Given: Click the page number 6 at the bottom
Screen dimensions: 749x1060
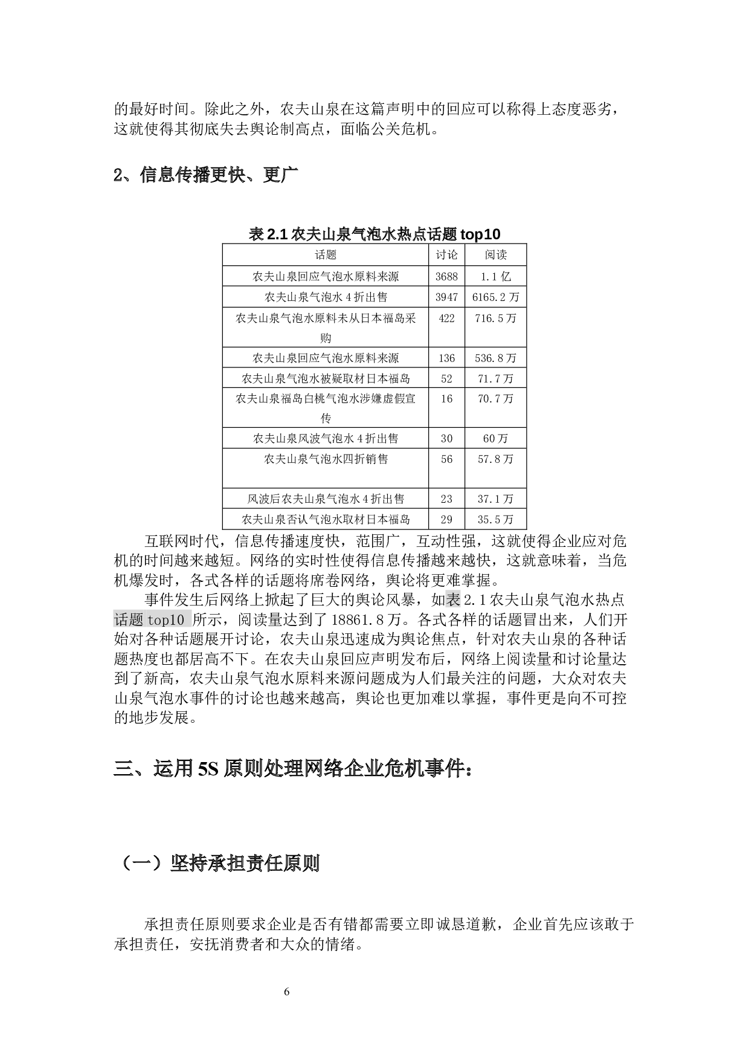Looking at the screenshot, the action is coord(287,991).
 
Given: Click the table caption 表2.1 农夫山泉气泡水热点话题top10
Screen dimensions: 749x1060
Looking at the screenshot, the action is coord(374,234).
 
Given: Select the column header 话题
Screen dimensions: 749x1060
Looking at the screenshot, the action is coord(326,255).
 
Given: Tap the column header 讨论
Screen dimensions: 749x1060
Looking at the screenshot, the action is coord(446,255).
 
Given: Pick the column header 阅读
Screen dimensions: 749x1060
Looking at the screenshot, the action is coord(495,255).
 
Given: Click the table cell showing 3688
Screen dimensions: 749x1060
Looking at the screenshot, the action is coord(446,277).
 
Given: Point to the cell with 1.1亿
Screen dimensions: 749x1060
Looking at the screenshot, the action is coord(495,277).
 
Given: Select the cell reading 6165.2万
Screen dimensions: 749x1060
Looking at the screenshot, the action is coord(495,297).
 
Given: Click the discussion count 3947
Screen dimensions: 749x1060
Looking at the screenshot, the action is coord(446,297).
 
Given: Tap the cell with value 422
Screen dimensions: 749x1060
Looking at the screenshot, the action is coord(446,318).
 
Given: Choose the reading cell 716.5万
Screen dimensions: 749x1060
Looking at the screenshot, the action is coord(495,318).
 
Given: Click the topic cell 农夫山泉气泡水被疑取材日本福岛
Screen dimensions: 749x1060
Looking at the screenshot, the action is coord(326,379).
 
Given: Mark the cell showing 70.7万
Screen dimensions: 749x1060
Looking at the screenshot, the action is coord(495,399).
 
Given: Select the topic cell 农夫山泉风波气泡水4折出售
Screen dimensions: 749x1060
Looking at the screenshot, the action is coord(326,439).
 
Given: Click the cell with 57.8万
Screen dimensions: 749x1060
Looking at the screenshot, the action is coord(495,459).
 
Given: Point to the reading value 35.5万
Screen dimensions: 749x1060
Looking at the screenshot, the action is coord(495,519).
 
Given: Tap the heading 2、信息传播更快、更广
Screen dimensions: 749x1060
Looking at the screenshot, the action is coord(206,175).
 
